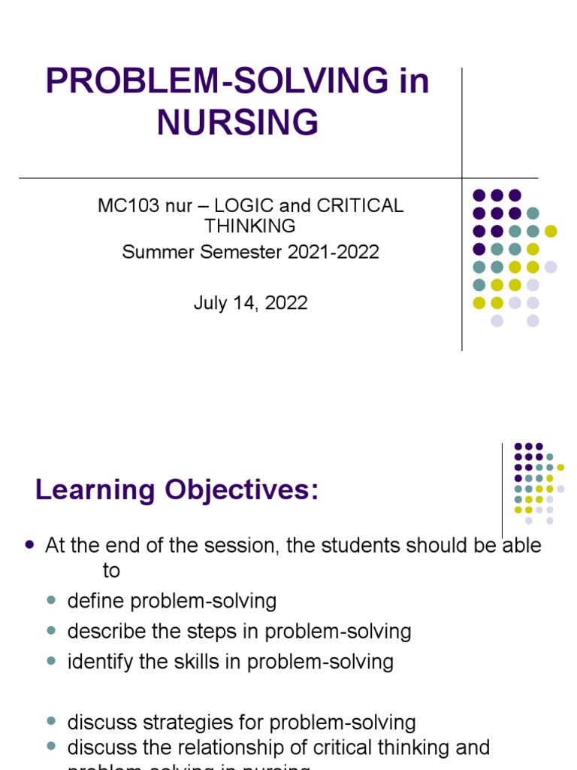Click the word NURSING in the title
(237, 122)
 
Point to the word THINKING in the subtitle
(250, 226)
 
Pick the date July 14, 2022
(250, 303)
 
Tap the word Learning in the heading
(85, 490)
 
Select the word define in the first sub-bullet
(92, 601)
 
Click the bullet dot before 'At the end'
(30, 545)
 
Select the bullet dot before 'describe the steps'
(52, 632)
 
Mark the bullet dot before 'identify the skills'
(52, 662)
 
